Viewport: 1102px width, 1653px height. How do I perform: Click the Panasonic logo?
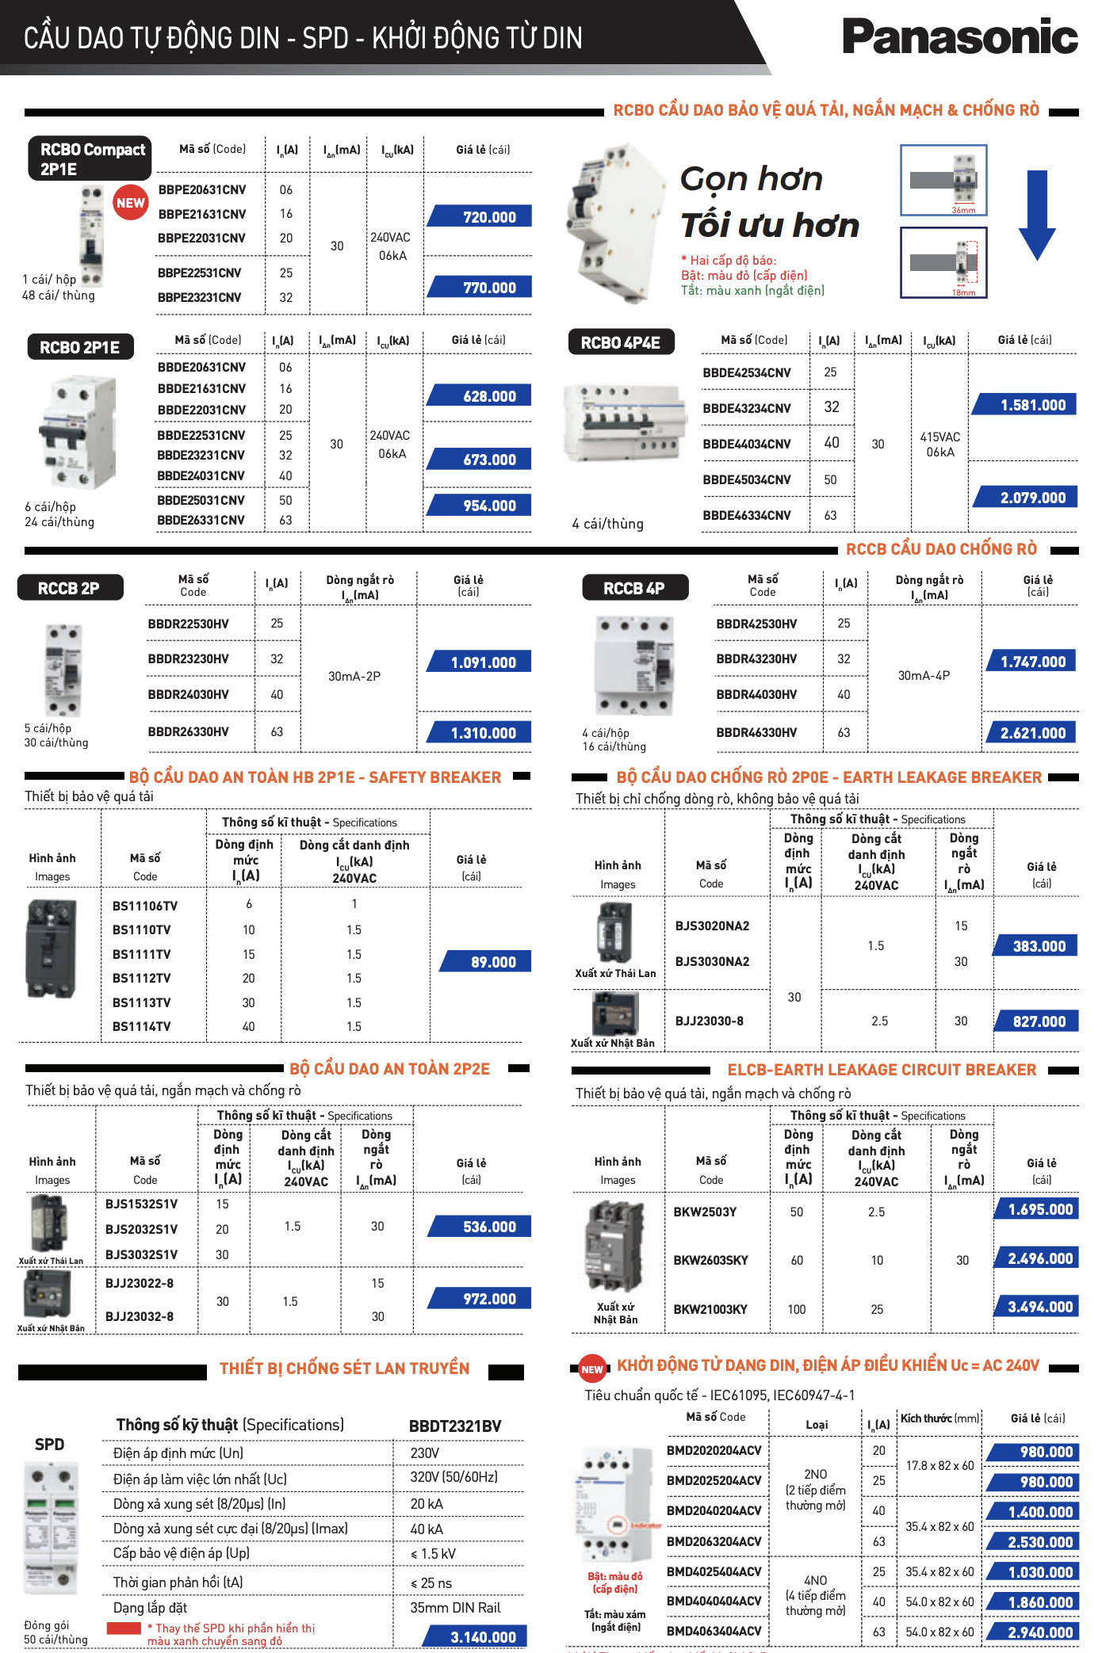coord(959,36)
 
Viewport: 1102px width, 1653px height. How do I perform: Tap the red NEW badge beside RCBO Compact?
coord(130,203)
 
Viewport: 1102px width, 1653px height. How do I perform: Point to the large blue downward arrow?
coord(1037,215)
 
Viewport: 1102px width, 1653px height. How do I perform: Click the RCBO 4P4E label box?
coord(621,343)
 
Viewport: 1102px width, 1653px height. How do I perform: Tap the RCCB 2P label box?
coord(69,589)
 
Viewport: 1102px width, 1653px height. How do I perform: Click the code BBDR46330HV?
coord(756,733)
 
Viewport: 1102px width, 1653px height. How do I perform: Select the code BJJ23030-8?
coord(710,1021)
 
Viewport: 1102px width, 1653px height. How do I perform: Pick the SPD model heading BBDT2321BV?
coord(455,1426)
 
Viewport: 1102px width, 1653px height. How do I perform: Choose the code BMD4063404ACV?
coord(714,1632)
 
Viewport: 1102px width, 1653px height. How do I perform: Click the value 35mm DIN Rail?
coord(455,1608)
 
